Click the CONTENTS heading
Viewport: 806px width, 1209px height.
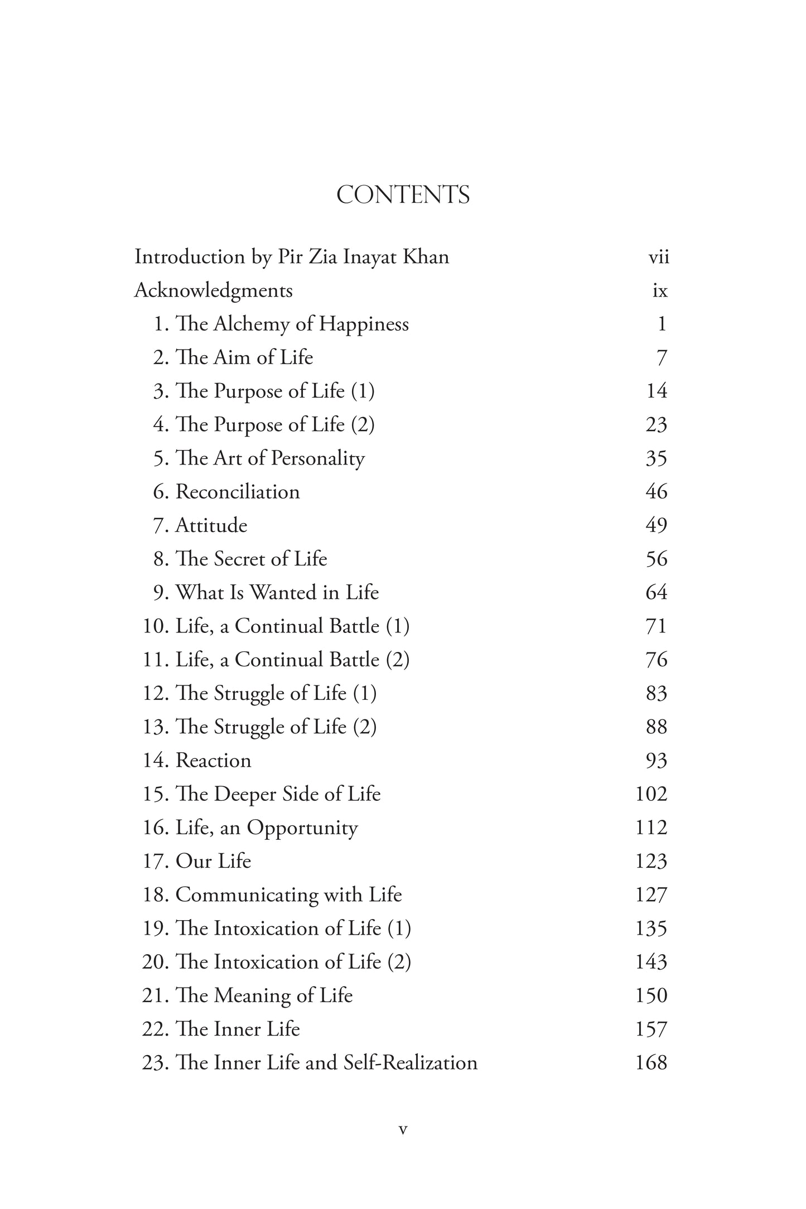[403, 195]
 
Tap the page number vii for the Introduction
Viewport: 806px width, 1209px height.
[658, 258]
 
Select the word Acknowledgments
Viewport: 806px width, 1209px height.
[214, 291]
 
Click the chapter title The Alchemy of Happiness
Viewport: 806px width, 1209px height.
[292, 324]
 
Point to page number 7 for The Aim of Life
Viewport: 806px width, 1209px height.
[662, 358]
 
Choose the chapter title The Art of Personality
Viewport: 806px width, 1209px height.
[270, 458]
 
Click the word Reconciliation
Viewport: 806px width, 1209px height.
[238, 492]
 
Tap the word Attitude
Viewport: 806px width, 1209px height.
[211, 525]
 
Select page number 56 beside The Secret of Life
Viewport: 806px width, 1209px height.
[656, 559]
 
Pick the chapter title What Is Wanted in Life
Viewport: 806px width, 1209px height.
[277, 592]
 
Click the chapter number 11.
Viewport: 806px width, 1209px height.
[155, 660]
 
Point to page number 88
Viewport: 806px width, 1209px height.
[656, 727]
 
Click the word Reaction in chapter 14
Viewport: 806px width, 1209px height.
[213, 761]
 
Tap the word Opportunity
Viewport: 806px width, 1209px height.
[302, 828]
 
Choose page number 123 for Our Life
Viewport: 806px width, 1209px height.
[651, 862]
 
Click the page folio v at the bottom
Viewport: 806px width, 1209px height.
[403, 1130]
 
